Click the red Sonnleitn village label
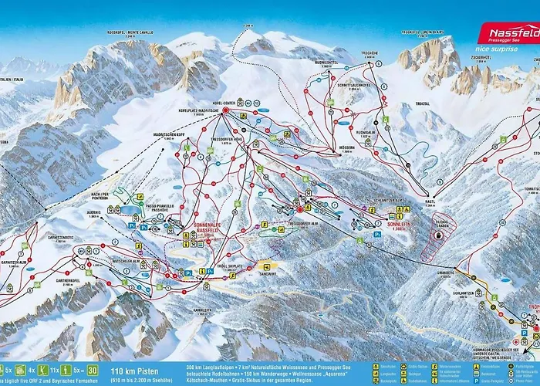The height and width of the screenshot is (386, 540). click(x=376, y=228)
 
